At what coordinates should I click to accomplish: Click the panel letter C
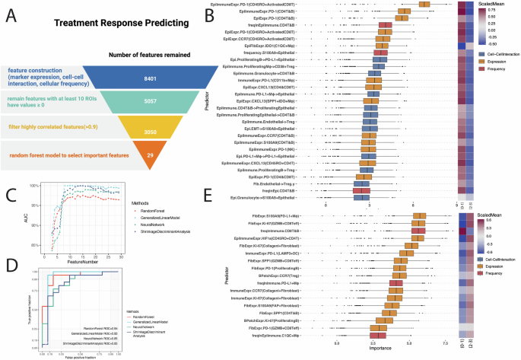8,193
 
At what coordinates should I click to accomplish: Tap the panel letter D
8,266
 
